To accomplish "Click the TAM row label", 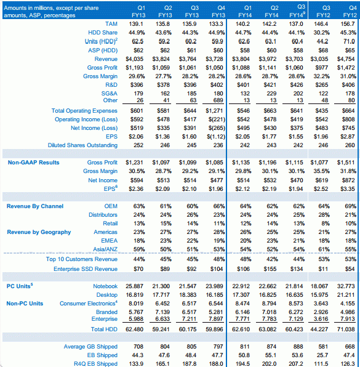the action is point(111,24).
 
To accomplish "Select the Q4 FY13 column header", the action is point(218,12).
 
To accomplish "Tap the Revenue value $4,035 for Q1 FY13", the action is point(135,59).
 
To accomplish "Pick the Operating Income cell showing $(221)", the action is point(217,119).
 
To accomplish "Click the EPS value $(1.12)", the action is point(215,137).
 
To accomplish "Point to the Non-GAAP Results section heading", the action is point(33,163).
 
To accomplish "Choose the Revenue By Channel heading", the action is point(35,206).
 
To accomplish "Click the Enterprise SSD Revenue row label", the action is point(86,269).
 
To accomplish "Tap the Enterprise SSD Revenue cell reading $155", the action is point(270,269).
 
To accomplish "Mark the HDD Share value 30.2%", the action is point(321,33).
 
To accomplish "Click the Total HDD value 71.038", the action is point(346,329).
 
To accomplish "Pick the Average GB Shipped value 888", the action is point(298,347).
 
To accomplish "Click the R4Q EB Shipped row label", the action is point(95,364).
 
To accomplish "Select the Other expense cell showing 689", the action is point(218,100).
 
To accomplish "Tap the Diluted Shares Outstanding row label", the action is point(82,145).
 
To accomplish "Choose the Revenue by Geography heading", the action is point(39,232).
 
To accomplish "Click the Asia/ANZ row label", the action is point(105,249).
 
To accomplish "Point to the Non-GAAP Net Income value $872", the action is point(348,180).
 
